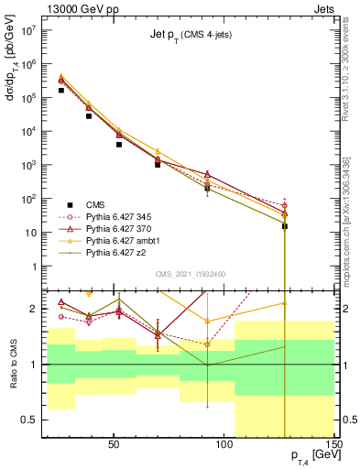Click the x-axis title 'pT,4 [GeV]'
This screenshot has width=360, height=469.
click(x=311, y=455)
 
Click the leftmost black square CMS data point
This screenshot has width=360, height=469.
click(x=60, y=90)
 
